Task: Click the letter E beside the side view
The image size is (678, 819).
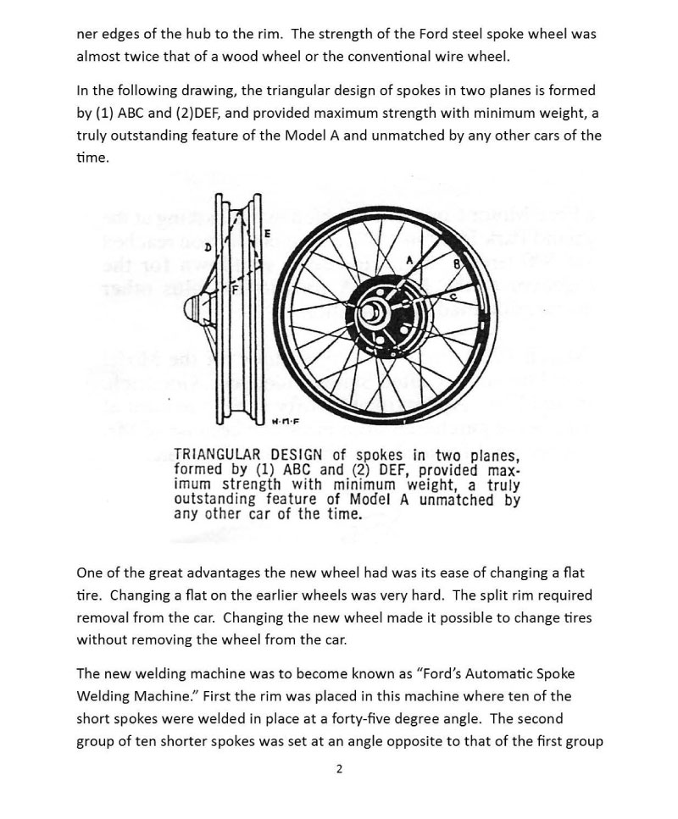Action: (267, 234)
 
